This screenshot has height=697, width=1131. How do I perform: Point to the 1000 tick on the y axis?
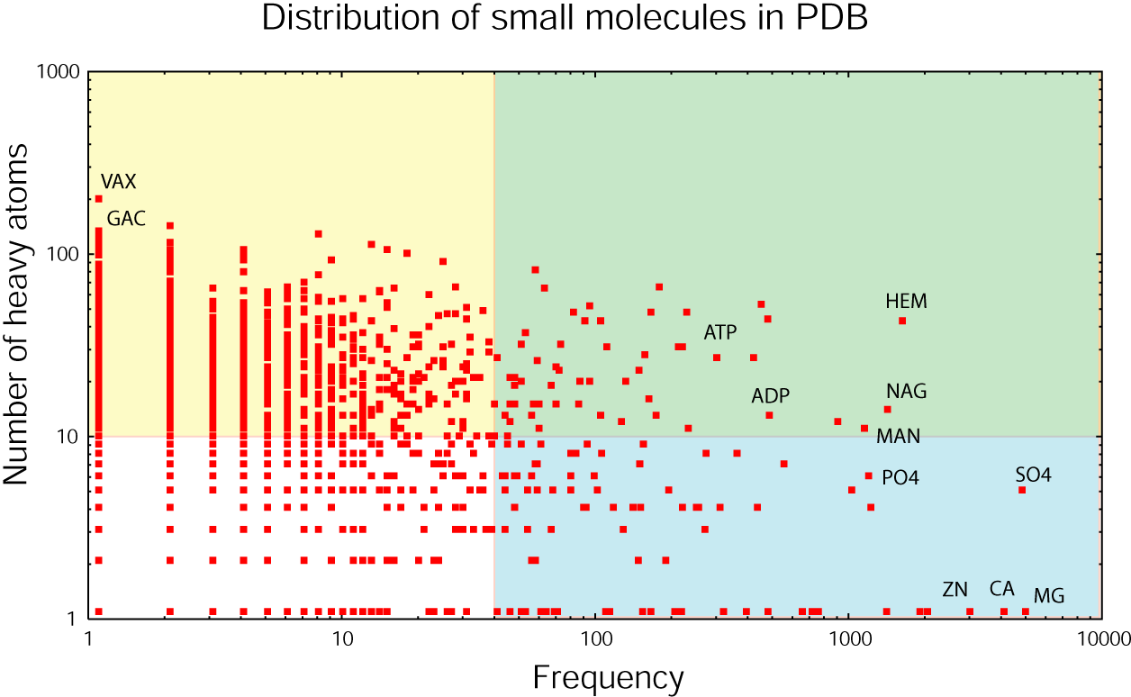pyautogui.click(x=60, y=73)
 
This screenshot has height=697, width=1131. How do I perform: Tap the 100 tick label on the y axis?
pyautogui.click(x=66, y=255)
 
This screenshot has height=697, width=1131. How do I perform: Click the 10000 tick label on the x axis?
pyautogui.click(x=1101, y=639)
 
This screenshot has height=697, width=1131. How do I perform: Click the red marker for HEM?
pyautogui.click(x=902, y=321)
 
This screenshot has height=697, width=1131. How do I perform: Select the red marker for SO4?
pyautogui.click(x=1022, y=490)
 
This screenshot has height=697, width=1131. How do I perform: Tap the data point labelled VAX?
pyautogui.click(x=99, y=199)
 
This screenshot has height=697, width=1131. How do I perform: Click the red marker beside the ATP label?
pyautogui.click(x=717, y=358)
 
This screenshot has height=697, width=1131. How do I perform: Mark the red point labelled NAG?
pyautogui.click(x=887, y=409)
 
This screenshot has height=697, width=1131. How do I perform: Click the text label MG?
pyautogui.click(x=1049, y=595)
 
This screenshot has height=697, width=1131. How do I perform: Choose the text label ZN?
pyautogui.click(x=955, y=590)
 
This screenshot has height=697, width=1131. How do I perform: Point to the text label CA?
pyautogui.click(x=1002, y=589)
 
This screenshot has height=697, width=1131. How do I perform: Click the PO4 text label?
pyautogui.click(x=900, y=477)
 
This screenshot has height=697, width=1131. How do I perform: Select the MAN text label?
pyautogui.click(x=899, y=437)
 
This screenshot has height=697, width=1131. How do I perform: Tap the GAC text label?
pyautogui.click(x=126, y=219)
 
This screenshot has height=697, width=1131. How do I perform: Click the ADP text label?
pyautogui.click(x=771, y=396)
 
